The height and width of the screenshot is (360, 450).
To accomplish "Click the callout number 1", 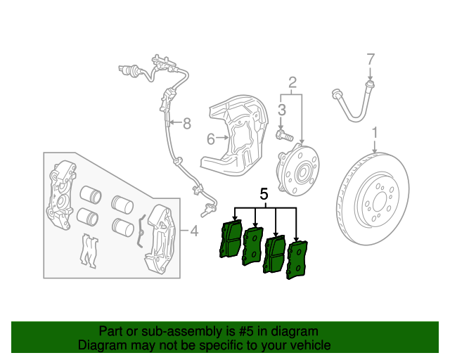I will pyautogui.click(x=375, y=131).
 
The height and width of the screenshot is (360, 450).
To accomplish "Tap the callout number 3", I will pyautogui.click(x=281, y=109).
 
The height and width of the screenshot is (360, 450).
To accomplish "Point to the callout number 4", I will pyautogui.click(x=194, y=230).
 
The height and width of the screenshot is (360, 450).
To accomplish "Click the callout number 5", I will pyautogui.click(x=264, y=193).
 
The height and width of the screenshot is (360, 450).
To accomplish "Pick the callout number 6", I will pyautogui.click(x=210, y=139).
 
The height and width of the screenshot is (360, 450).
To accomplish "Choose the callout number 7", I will pyautogui.click(x=371, y=59).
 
